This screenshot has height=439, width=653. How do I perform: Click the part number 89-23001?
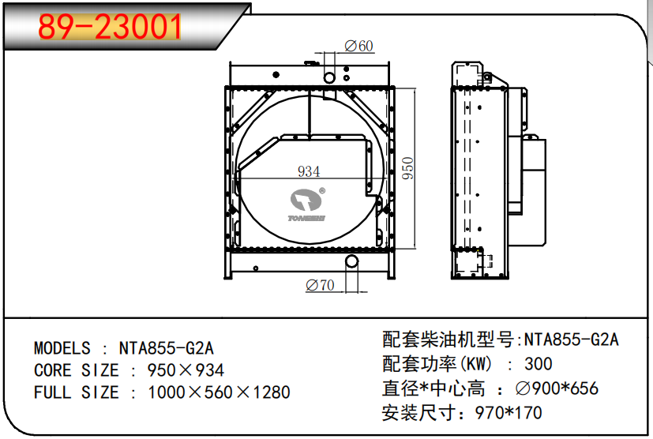(111, 28)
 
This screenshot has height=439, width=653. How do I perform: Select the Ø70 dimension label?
(320, 285)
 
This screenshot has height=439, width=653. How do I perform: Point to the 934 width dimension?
(308, 171)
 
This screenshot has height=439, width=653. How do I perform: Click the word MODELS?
(62, 348)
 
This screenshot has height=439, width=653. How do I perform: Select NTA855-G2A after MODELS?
(166, 348)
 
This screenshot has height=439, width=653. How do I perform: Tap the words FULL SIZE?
(77, 392)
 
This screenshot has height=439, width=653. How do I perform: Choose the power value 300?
(538, 364)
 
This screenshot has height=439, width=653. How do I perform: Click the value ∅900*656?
(556, 388)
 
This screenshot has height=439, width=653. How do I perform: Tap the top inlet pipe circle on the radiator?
(330, 77)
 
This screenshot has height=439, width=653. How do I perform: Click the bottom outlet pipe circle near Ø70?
(351, 261)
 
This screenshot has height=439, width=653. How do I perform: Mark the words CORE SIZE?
(77, 370)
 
